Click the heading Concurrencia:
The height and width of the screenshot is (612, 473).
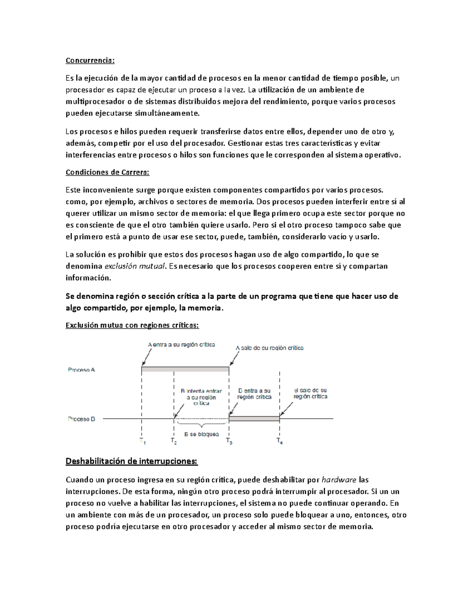(x=90, y=60)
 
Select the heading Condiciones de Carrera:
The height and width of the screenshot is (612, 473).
(x=108, y=172)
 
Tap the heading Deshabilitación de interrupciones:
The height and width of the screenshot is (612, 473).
(x=131, y=461)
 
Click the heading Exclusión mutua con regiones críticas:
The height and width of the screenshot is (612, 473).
(x=132, y=326)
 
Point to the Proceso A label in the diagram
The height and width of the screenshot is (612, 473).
(x=81, y=370)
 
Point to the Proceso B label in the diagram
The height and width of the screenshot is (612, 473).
(x=81, y=419)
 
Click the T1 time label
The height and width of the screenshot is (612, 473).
(x=142, y=441)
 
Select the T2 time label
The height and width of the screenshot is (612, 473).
(x=173, y=441)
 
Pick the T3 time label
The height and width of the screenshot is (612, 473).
(x=229, y=441)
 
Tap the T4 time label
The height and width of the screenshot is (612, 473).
(x=279, y=441)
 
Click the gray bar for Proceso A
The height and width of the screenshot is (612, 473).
(x=185, y=370)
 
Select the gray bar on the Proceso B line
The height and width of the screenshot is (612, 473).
(x=254, y=419)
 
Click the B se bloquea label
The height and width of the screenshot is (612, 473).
(x=201, y=434)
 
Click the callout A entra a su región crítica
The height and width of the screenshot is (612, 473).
(x=181, y=345)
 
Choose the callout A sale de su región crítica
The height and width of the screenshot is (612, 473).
(x=270, y=348)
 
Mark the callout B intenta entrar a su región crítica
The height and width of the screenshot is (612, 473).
(x=201, y=397)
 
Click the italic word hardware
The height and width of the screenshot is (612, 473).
(x=339, y=480)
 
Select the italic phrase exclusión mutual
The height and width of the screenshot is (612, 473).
(x=134, y=266)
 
